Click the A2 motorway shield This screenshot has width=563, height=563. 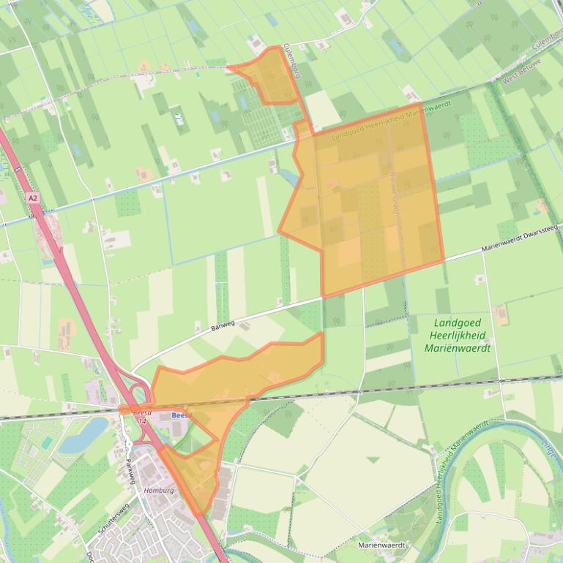pos(32,198)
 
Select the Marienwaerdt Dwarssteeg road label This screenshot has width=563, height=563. pos(520,240)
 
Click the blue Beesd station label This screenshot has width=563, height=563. pos(181,415)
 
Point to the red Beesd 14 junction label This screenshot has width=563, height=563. pos(141,417)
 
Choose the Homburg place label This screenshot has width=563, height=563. pos(159,491)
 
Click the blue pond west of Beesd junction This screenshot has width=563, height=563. pos(84,434)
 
